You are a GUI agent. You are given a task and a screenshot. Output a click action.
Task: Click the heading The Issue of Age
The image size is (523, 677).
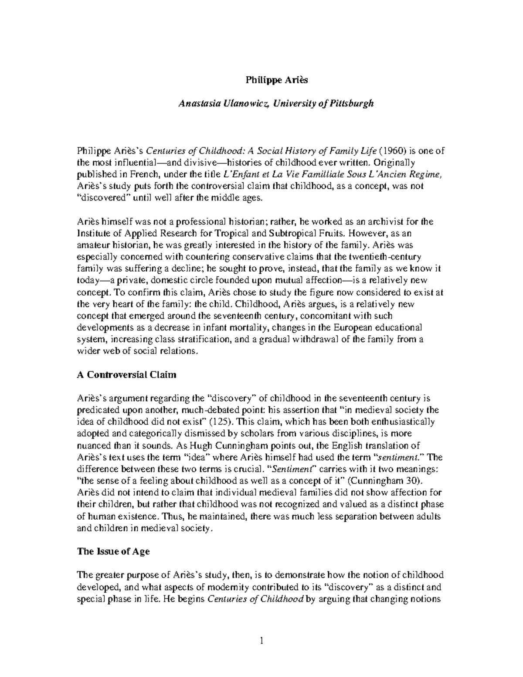pos(113,551)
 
